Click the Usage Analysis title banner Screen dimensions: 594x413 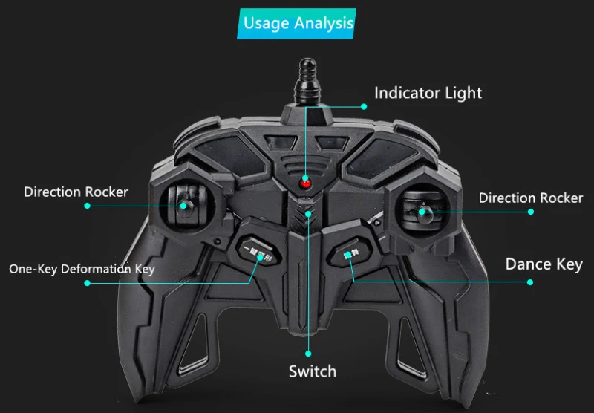[298, 23]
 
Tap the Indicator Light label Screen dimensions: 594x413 [428, 93]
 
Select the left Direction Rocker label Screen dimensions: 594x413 [76, 192]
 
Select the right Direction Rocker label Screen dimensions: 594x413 [530, 198]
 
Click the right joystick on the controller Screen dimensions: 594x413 [422, 211]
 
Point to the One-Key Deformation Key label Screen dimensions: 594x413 [82, 268]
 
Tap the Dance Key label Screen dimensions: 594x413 [544, 264]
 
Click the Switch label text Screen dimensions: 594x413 [313, 371]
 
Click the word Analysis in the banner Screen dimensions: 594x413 [324, 23]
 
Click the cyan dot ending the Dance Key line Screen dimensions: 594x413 [530, 282]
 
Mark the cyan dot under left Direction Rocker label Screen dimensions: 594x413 [87, 206]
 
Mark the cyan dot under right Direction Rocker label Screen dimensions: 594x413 [531, 211]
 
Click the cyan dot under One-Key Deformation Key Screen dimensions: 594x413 [87, 283]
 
